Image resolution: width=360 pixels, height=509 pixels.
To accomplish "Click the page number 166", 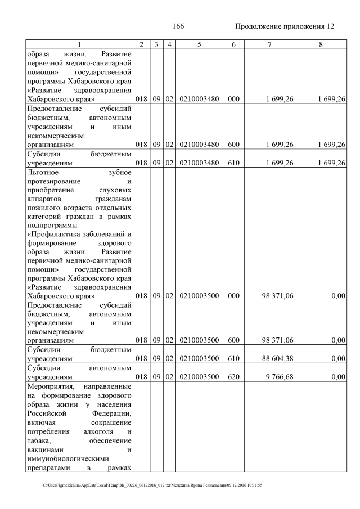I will (x=179, y=26).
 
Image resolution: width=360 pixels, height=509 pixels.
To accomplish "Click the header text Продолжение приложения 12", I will (x=284, y=26).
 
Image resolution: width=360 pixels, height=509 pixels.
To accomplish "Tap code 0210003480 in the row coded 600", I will (x=199, y=145).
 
